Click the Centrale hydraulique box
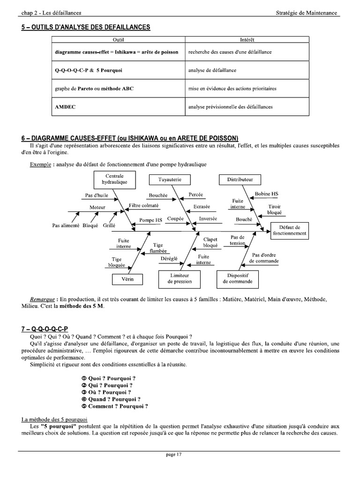click(x=111, y=179)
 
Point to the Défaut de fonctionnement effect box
click(x=289, y=230)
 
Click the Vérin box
click(x=127, y=279)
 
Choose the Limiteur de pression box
click(x=180, y=279)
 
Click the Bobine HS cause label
click(x=266, y=194)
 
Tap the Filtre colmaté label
click(x=143, y=206)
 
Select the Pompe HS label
click(x=150, y=220)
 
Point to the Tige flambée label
click(x=158, y=248)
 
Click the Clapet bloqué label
click(x=210, y=242)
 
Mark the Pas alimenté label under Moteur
click(x=66, y=225)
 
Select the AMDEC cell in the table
click(x=65, y=107)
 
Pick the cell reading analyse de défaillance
click(x=212, y=70)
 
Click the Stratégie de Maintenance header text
click(x=307, y=13)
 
